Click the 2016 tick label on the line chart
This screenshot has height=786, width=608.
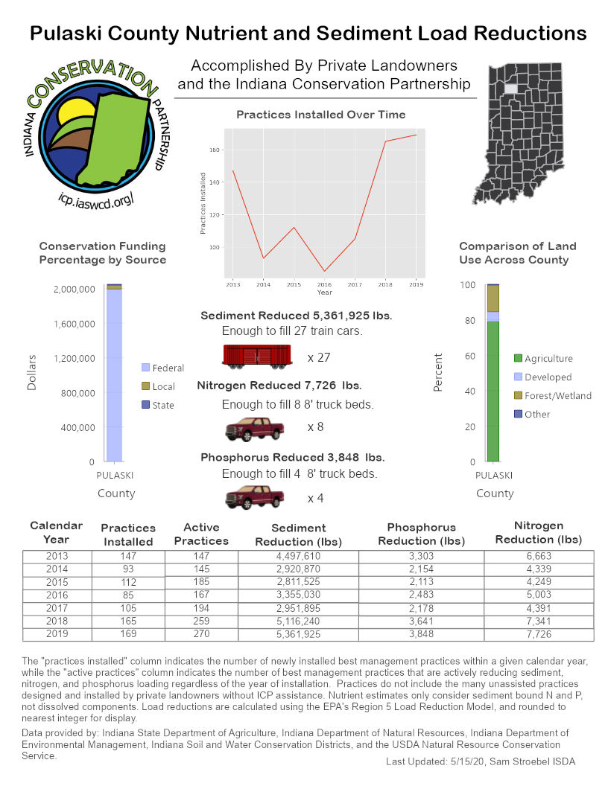click(x=324, y=284)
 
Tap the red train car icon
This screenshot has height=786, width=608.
click(x=256, y=357)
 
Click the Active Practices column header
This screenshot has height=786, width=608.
click(x=201, y=534)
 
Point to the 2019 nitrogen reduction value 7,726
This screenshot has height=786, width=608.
click(x=539, y=634)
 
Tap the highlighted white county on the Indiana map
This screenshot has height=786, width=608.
click(x=511, y=88)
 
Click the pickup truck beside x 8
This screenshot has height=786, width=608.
click(x=255, y=429)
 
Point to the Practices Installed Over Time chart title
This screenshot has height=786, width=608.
click(x=320, y=115)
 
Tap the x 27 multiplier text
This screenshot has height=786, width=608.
click(x=319, y=358)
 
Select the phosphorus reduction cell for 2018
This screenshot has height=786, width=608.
click(x=421, y=622)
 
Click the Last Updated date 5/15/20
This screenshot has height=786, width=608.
click(x=464, y=761)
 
